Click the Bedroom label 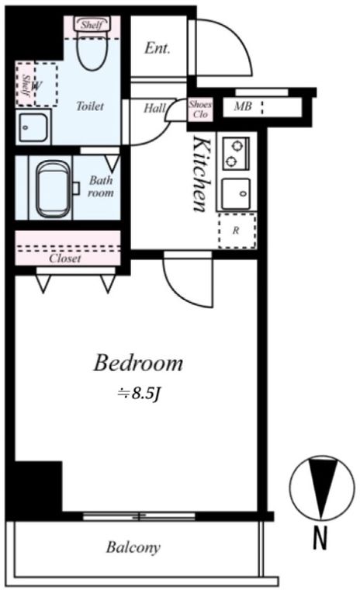pos(138,363)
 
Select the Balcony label pos(133,547)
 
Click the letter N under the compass pos(320,539)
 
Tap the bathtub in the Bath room pos(53,189)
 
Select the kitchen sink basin pos(236,193)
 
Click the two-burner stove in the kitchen pos(236,154)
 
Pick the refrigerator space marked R pos(237,231)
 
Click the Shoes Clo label pos(200,109)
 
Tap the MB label pos(243,106)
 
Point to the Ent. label pos(157,48)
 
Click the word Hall pos(155,109)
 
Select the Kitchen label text pos(200,175)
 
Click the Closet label pos(65,259)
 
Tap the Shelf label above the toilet pos(92,25)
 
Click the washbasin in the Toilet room pos(33,127)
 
